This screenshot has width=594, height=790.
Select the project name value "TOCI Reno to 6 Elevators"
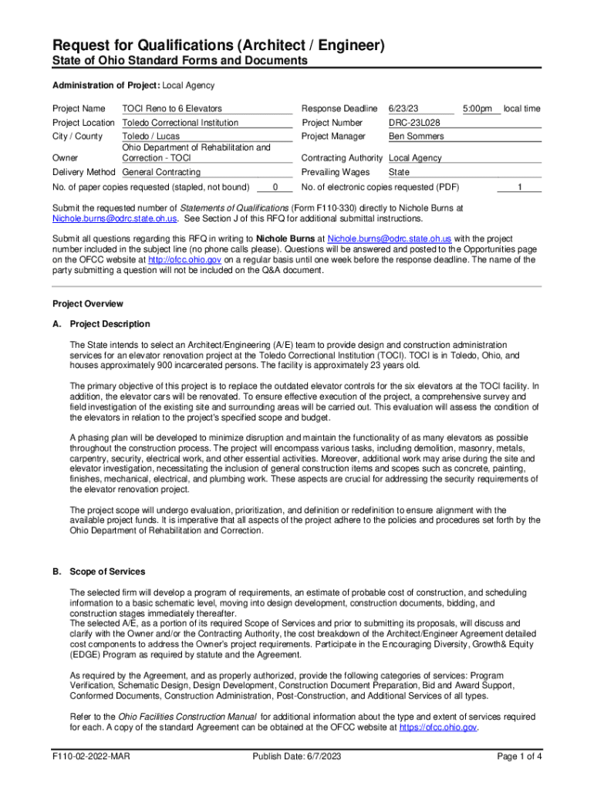click(172, 109)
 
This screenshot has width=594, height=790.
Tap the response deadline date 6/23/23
click(404, 109)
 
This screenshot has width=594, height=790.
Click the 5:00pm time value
click(478, 109)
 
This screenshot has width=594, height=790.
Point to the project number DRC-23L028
click(414, 123)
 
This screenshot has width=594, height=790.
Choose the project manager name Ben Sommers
click(416, 137)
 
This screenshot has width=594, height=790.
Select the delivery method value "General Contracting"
click(161, 172)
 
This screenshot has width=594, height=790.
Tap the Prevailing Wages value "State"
click(399, 172)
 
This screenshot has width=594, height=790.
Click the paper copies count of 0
click(275, 187)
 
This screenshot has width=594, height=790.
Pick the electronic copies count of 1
click(520, 187)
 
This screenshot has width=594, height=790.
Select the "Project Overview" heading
click(87, 304)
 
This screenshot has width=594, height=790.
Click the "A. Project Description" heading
click(101, 324)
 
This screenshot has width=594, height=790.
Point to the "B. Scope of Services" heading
click(98, 572)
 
